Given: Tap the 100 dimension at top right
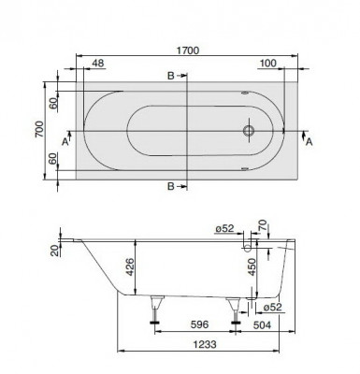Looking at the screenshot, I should pos(269,65).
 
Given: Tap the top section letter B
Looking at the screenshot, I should pos(170,75).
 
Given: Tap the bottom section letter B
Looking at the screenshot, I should pos(170,187).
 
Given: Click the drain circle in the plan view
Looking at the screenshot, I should pos(250,131).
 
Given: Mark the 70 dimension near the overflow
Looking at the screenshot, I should pos(263,227).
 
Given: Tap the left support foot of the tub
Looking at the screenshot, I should pos(156,309).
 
